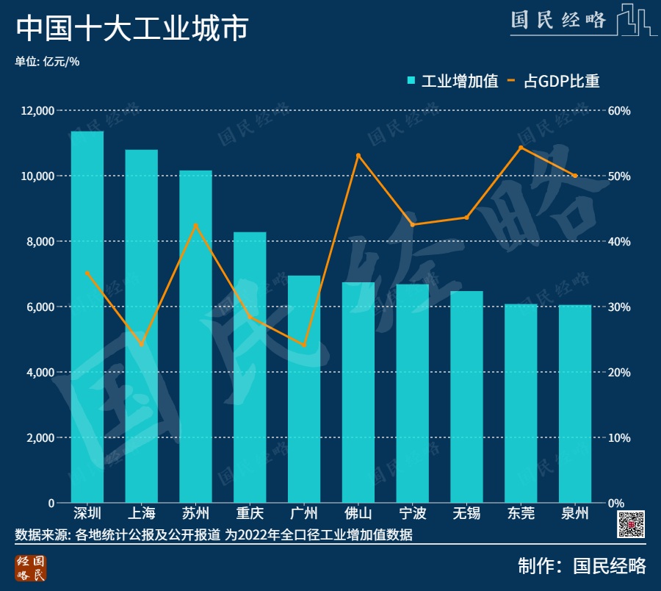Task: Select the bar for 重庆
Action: point(250,368)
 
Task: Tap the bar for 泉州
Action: point(575,404)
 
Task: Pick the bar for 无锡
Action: point(466,397)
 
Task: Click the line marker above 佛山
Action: point(358,156)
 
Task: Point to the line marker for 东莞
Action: point(521,148)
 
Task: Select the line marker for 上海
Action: point(142,344)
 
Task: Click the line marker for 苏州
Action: point(196,225)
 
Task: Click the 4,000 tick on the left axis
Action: point(41,373)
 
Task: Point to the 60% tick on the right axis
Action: point(619,111)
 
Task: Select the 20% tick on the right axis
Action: point(619,373)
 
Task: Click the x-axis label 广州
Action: point(304,513)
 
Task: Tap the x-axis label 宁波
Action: point(412,513)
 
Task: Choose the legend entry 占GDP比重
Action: point(555,81)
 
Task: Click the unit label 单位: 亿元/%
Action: point(47,62)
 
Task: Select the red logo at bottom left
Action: point(30,568)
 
